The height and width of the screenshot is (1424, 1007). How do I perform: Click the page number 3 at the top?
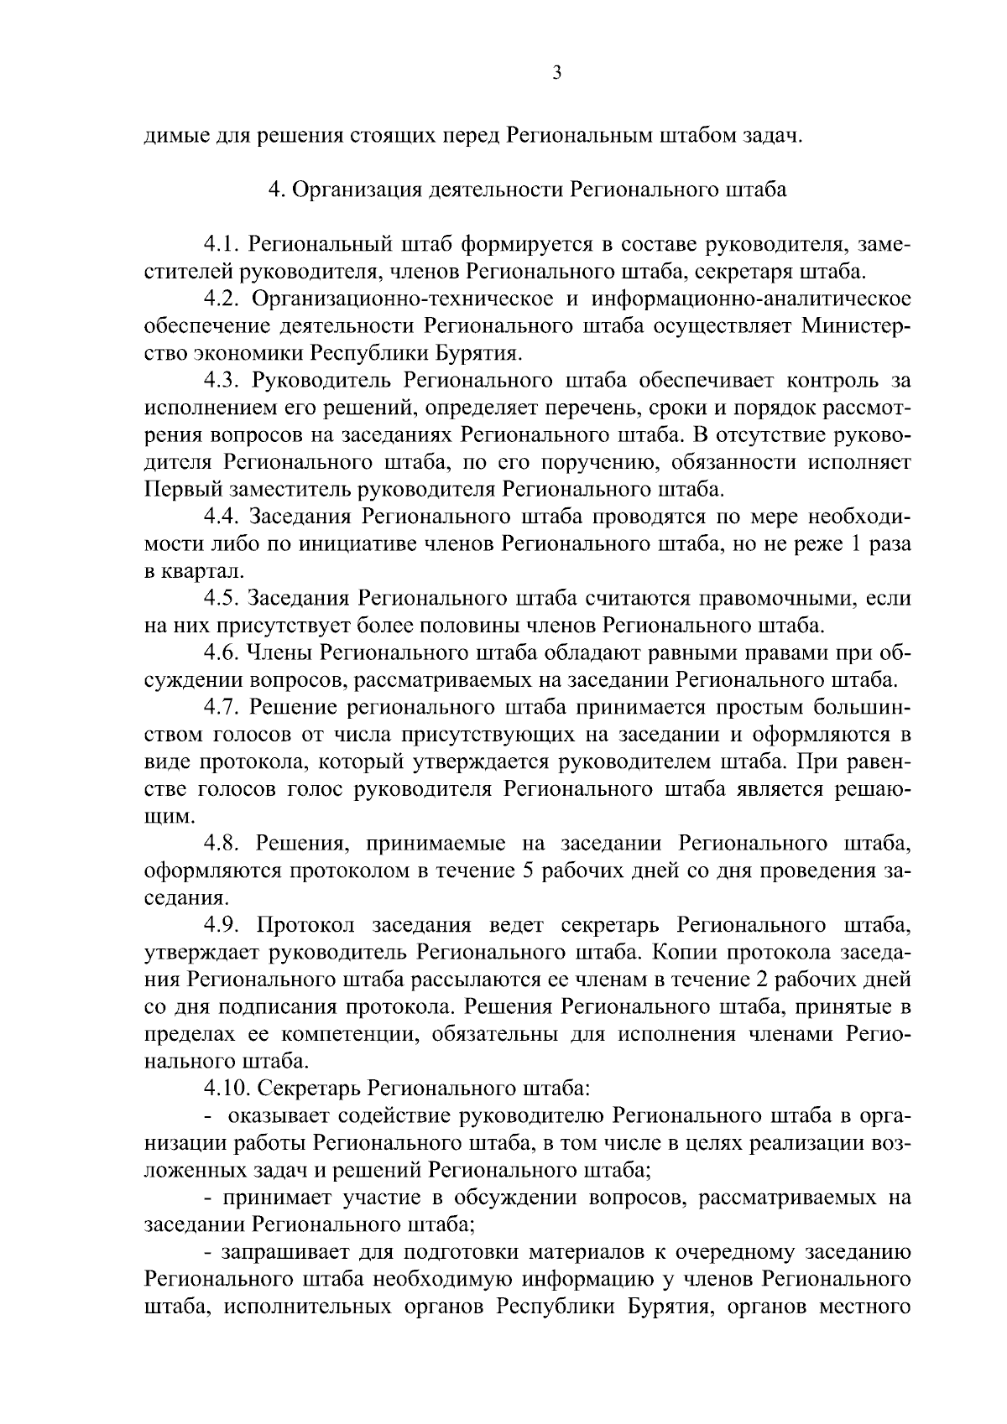(x=557, y=73)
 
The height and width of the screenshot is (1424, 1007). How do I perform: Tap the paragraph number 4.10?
(x=227, y=1088)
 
